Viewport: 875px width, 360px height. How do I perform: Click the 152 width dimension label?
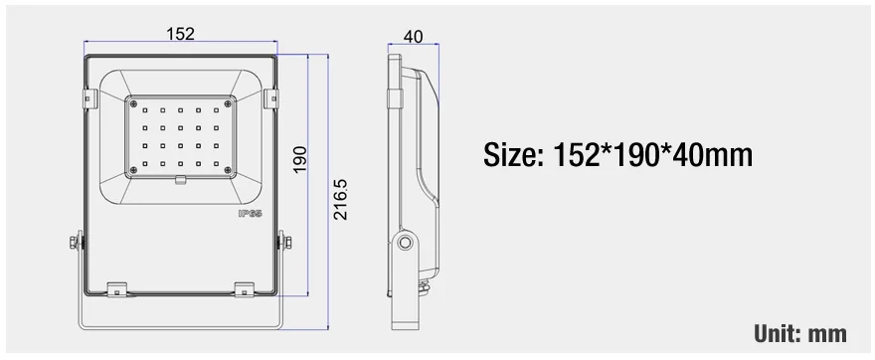(180, 34)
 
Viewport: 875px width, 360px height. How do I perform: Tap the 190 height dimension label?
(299, 160)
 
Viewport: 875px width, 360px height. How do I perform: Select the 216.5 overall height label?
(340, 199)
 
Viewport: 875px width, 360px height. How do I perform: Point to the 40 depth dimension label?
(413, 36)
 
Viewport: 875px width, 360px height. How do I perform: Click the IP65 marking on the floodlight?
(250, 213)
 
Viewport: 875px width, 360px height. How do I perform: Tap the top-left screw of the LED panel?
(133, 103)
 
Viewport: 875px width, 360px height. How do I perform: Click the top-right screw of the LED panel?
(227, 103)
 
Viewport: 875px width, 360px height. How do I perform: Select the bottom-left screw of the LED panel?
(133, 170)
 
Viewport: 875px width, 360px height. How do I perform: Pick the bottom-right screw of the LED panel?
(227, 170)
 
